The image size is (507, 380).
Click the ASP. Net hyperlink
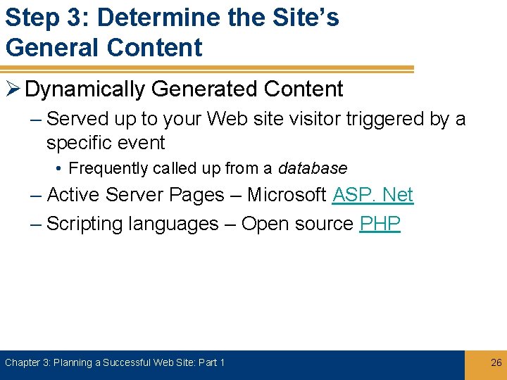(373, 195)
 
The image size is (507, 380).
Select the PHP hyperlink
(380, 224)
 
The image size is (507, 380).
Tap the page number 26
(496, 362)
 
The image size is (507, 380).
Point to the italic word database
(313, 169)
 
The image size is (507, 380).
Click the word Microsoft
(286, 195)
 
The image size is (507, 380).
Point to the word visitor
(315, 119)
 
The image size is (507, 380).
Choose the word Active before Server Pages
(75, 195)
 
